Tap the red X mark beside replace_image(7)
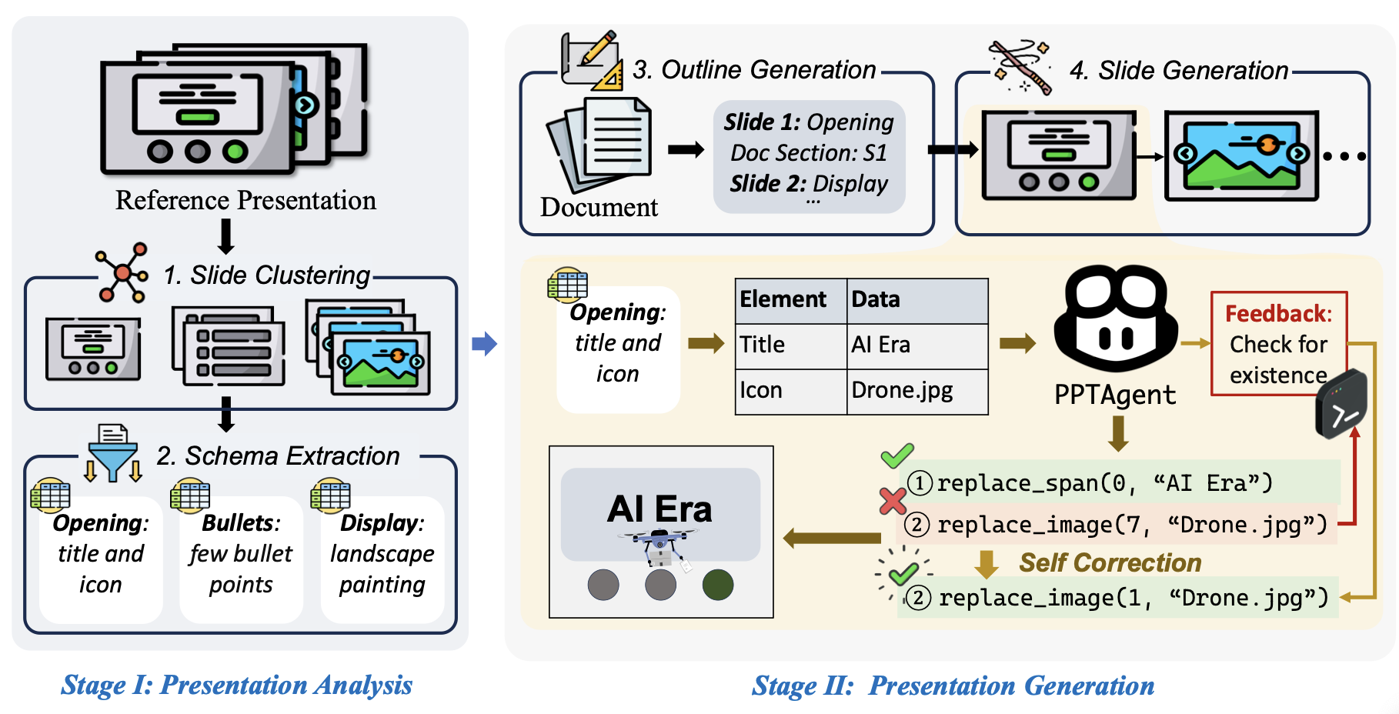pyautogui.click(x=893, y=501)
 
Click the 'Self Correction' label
pyautogui.click(x=1110, y=563)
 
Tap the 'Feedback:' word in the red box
pyautogui.click(x=1278, y=314)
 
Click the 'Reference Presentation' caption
pyautogui.click(x=245, y=200)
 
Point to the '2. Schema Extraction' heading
pyautogui.click(x=279, y=456)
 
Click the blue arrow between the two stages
pyautogui.click(x=485, y=343)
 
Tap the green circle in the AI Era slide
pyautogui.click(x=718, y=585)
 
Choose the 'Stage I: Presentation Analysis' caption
pyautogui.click(x=237, y=685)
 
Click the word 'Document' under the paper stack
pyautogui.click(x=599, y=208)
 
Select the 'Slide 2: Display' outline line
pyautogui.click(x=809, y=184)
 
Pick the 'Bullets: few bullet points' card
pyautogui.click(x=241, y=558)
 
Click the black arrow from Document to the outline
pyautogui.click(x=686, y=149)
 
